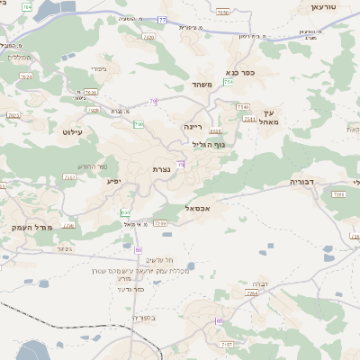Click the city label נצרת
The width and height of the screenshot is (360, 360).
162,169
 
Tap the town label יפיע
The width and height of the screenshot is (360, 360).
113,181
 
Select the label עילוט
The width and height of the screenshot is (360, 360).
71,131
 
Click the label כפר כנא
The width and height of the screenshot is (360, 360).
242,74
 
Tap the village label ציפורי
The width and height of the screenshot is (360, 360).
99,68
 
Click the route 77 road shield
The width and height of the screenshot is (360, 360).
162,19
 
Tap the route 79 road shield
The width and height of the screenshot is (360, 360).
154,102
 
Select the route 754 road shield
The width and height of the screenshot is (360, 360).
229,82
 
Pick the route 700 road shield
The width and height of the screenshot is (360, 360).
139,124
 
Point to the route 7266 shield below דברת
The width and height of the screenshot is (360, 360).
253,293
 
